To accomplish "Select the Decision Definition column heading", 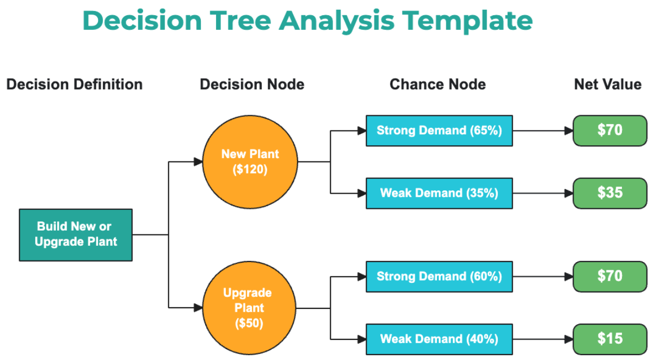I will (75, 84).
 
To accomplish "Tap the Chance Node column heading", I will (438, 84).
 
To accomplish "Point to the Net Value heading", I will (607, 84).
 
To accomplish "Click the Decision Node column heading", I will (252, 84).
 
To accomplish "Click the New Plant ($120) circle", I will (250, 162).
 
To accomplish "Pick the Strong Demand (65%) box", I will (439, 131).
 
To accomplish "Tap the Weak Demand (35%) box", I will (439, 193).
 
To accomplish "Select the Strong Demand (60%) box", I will (439, 276).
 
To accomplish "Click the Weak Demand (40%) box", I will (439, 339).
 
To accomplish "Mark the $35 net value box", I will (609, 193).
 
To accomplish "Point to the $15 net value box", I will (609, 339).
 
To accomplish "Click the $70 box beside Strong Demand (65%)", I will (609, 131).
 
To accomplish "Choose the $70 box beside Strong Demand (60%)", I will (609, 276).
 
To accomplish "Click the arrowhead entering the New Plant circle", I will (198, 162).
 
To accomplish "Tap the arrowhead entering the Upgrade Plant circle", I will (198, 308).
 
